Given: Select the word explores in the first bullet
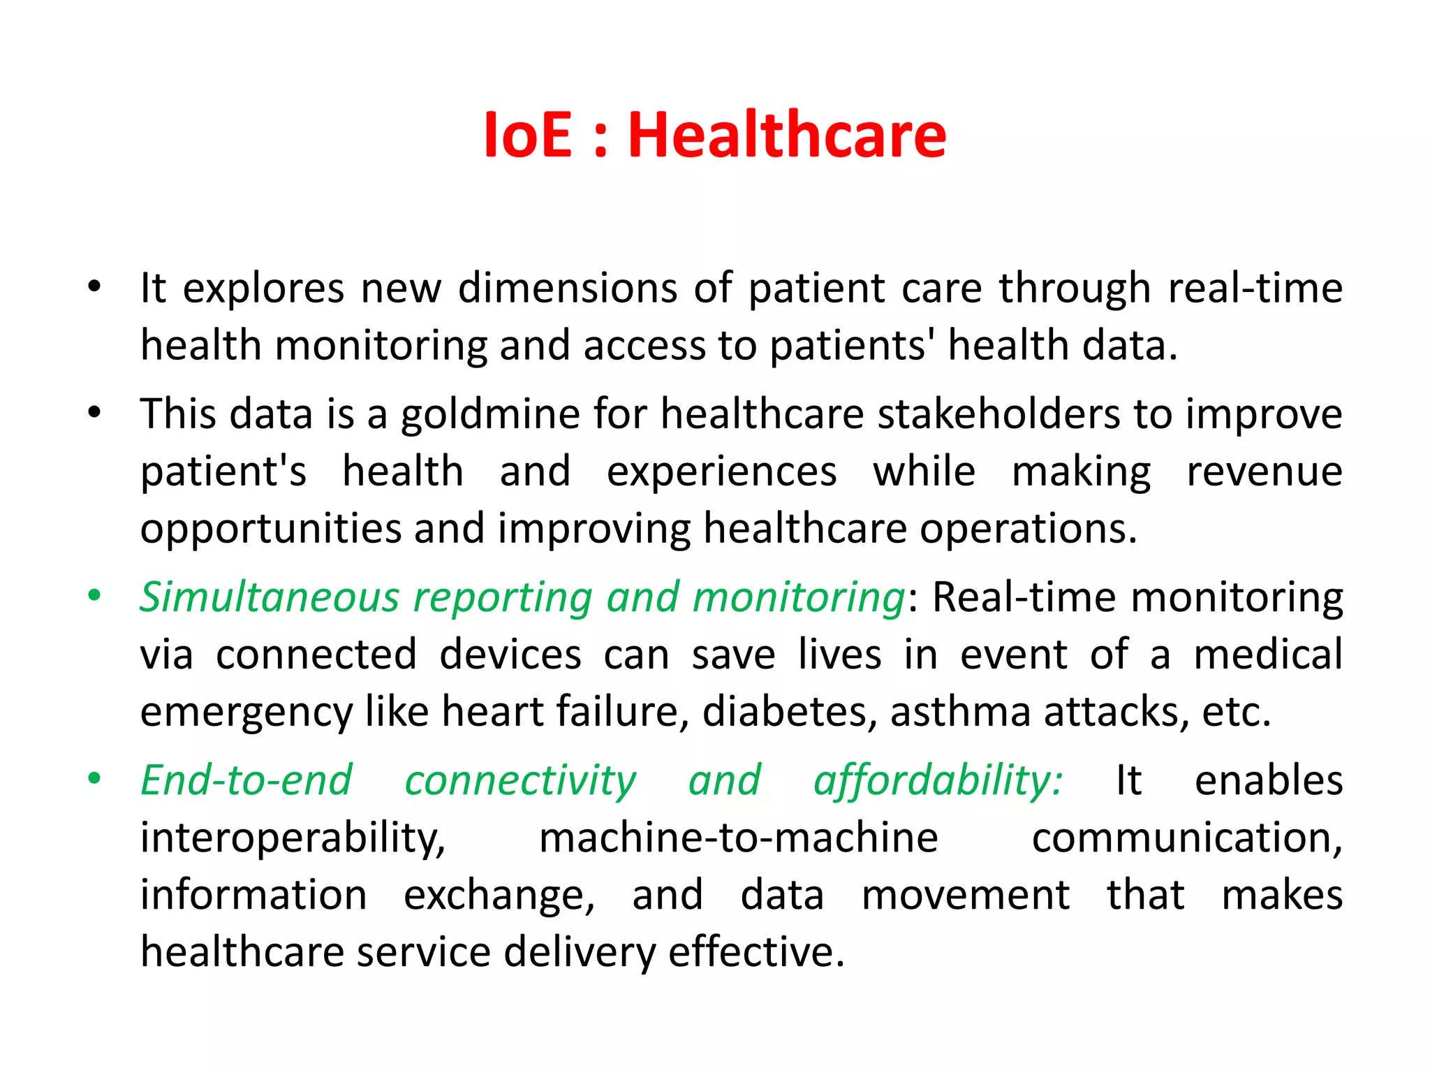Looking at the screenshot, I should click(263, 289).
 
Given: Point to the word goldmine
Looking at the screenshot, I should click(489, 415).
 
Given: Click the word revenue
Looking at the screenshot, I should click(1265, 471).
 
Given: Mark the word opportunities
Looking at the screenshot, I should click(271, 530).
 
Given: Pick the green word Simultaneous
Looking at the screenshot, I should click(270, 597).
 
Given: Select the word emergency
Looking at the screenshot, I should click(246, 713).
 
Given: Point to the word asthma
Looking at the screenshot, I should click(960, 712).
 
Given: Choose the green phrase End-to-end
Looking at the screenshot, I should click(246, 780).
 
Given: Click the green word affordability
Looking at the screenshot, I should click(938, 782).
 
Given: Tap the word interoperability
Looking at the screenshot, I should click(293, 839).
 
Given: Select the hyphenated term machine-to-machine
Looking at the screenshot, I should click(738, 838).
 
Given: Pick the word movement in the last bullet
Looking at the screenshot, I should click(965, 895).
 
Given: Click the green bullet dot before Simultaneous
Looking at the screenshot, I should click(94, 596).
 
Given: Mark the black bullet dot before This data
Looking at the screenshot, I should click(94, 413).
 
